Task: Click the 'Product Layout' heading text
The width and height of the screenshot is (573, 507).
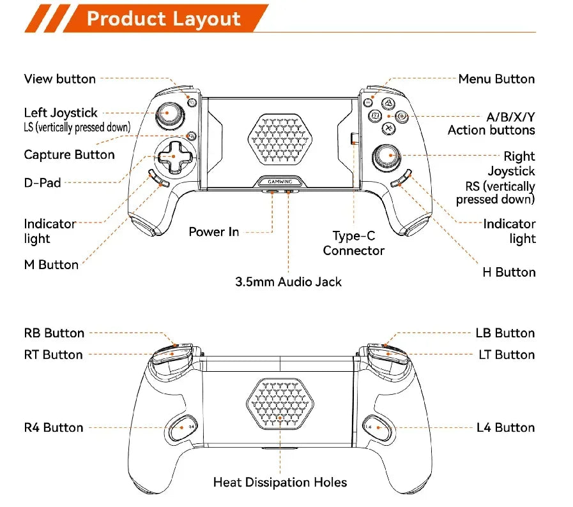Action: tap(164, 18)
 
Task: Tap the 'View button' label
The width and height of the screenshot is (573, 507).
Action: tap(60, 79)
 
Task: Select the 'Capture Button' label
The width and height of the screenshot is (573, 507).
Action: tap(69, 155)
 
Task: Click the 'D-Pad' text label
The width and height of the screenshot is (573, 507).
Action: tap(43, 183)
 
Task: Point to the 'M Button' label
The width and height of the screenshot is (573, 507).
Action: tap(51, 265)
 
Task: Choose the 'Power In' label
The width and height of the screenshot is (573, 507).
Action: tap(214, 232)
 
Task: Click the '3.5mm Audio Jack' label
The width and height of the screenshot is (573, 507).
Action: tap(288, 281)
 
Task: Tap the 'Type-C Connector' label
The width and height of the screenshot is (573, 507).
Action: tap(353, 244)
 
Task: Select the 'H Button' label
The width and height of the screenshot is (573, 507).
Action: tap(508, 272)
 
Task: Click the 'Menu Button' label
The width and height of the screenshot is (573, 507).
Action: tap(496, 79)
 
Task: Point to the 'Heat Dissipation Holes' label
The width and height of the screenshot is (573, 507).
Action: tap(280, 482)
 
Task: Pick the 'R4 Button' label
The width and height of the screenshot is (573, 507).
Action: tap(54, 427)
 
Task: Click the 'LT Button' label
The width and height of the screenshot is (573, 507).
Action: tap(507, 355)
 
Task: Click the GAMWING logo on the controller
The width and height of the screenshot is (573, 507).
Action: tap(280, 181)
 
